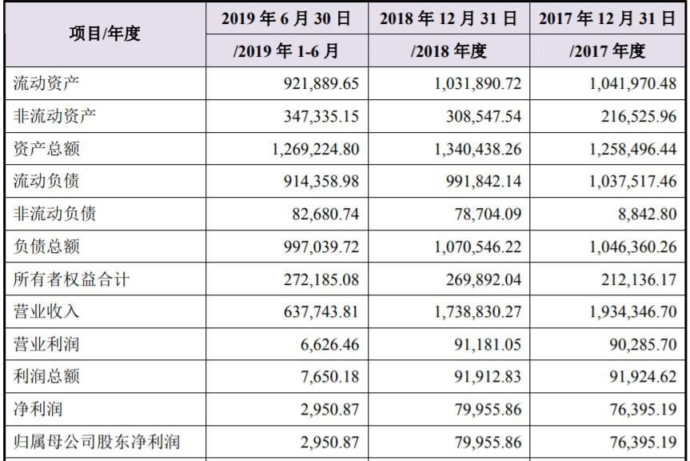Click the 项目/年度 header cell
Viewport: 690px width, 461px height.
(104, 34)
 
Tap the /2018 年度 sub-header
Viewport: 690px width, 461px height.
(449, 51)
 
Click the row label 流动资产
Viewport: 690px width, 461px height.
(46, 83)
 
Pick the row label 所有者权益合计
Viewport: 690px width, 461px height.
(70, 280)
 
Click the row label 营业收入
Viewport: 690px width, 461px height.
(46, 312)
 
